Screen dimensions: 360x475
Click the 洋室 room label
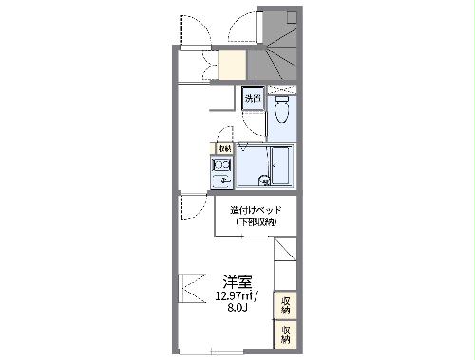(237, 281)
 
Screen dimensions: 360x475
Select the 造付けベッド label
(253, 210)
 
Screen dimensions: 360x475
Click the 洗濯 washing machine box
(252, 99)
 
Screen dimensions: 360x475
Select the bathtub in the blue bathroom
(282, 166)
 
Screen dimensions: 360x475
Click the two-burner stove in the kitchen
(222, 164)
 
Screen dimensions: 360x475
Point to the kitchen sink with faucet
(222, 180)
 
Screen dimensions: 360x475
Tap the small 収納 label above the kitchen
(224, 148)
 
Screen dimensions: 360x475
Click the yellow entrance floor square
(233, 66)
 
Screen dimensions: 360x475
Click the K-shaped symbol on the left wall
(190, 287)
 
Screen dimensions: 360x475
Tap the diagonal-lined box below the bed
(286, 261)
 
